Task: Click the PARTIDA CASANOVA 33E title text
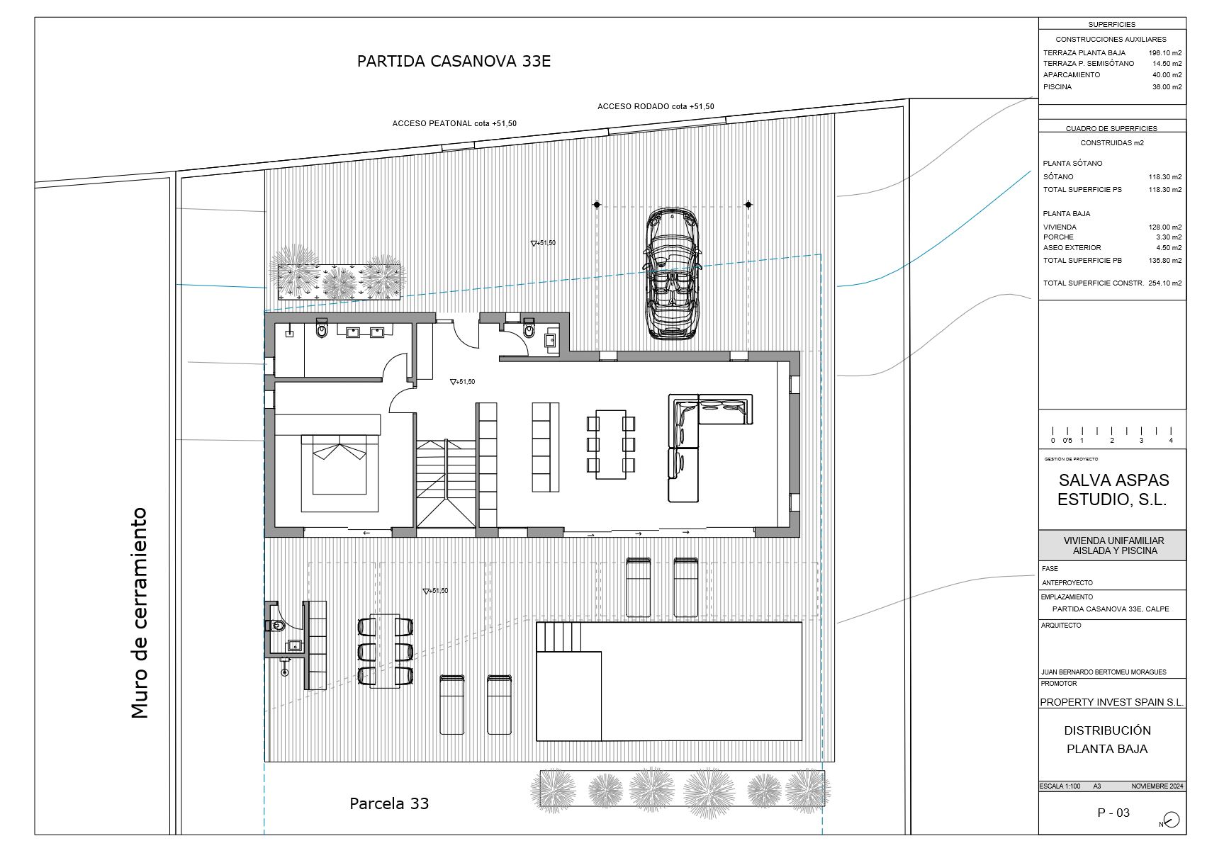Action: (x=454, y=61)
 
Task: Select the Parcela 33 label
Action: (x=389, y=803)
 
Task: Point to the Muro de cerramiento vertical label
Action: (x=140, y=613)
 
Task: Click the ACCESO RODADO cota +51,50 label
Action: (x=656, y=106)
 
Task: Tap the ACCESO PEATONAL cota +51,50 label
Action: (x=454, y=123)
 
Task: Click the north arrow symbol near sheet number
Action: (x=1171, y=820)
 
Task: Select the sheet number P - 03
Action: (x=1113, y=813)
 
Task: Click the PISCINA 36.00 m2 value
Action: (x=1167, y=87)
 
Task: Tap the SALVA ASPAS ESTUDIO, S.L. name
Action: (x=1112, y=490)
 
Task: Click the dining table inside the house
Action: (x=610, y=444)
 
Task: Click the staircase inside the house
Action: (x=446, y=483)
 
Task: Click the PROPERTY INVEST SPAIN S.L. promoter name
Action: (x=1111, y=702)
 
